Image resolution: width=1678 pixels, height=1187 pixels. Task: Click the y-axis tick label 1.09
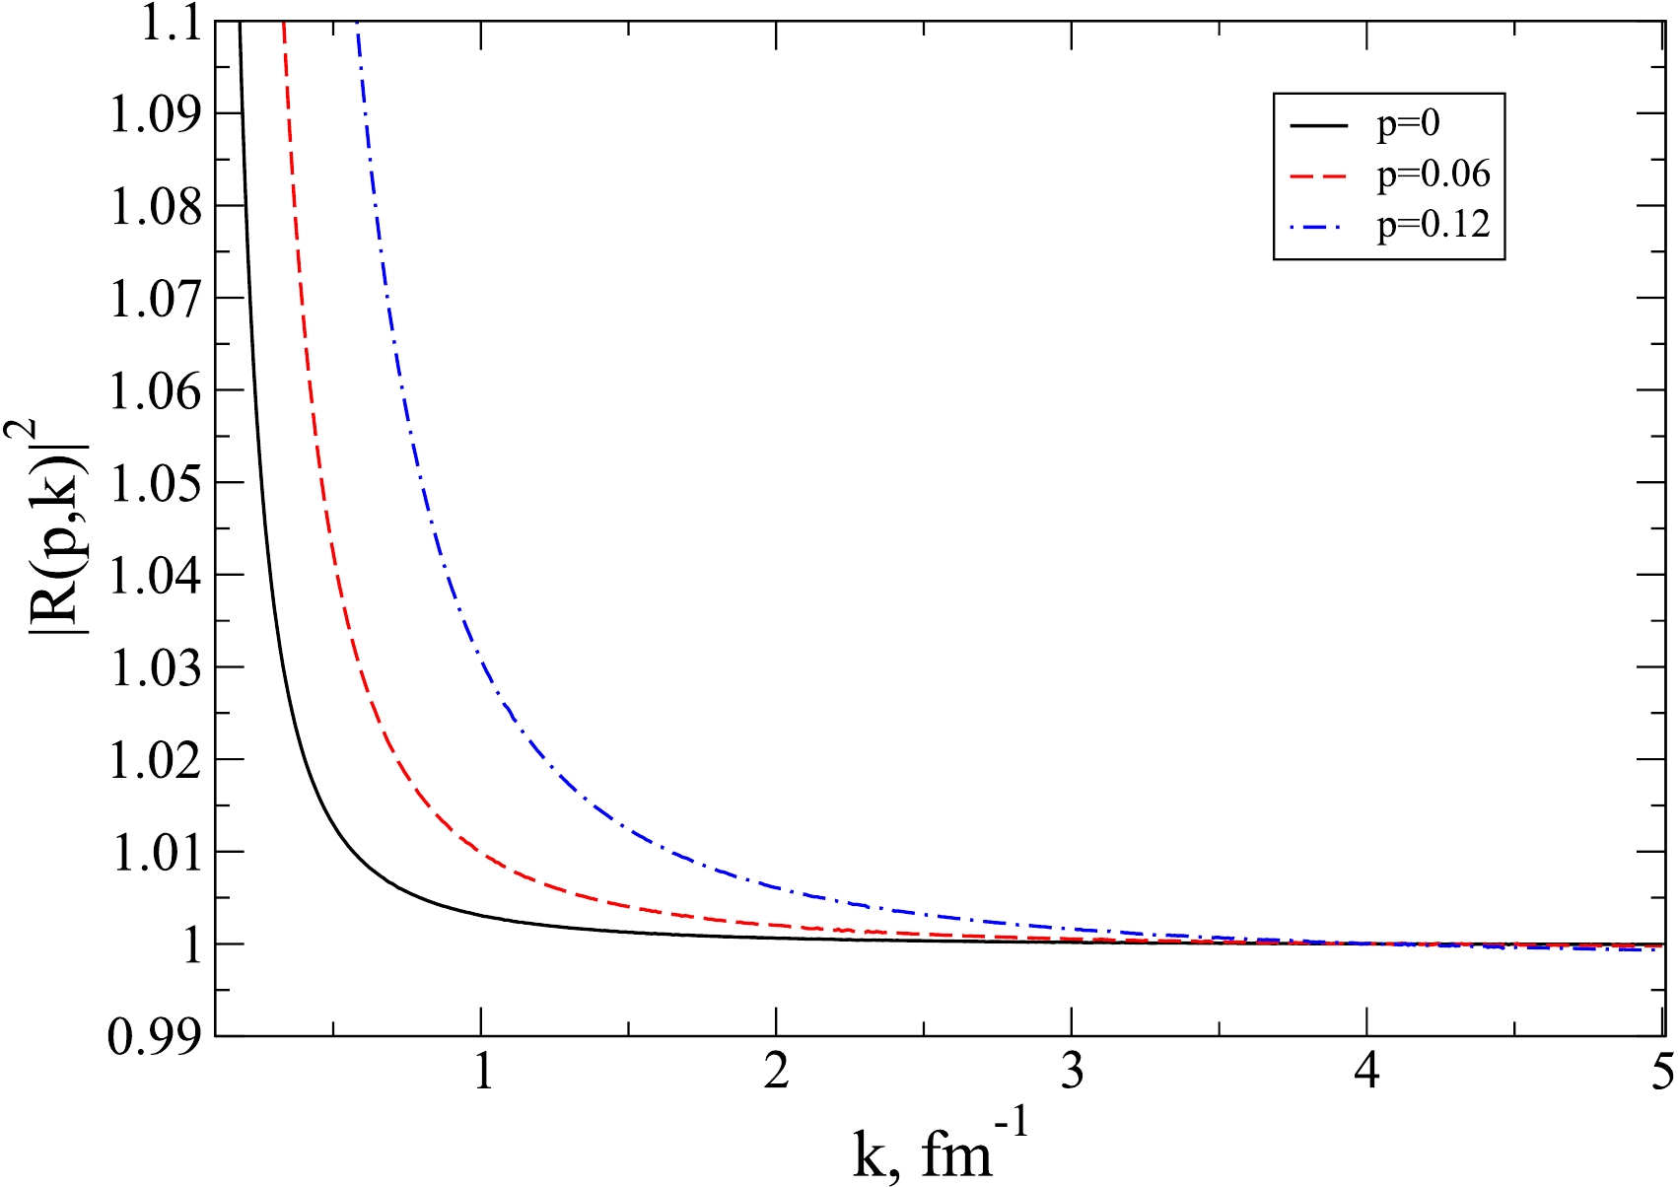155,113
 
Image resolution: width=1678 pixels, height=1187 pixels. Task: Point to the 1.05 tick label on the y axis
155,483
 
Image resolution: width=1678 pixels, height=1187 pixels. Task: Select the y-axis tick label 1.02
155,760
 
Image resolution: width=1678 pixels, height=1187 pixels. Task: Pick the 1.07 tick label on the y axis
155,298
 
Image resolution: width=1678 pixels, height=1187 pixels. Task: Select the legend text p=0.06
1433,175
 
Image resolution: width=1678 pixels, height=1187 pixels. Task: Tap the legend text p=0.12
1433,226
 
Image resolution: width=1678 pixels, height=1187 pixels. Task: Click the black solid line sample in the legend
1318,125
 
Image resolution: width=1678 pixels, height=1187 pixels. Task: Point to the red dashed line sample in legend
1318,175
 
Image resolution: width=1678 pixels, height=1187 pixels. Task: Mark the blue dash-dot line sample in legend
1318,226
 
